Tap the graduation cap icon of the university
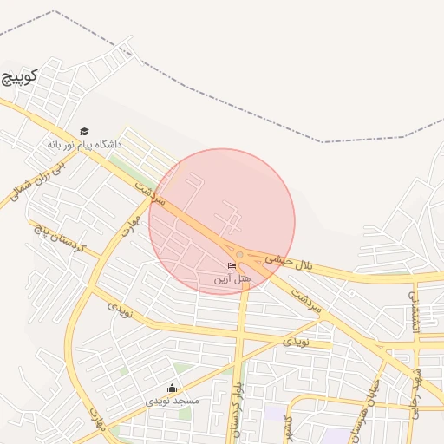click(84, 131)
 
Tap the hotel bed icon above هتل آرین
click(231, 265)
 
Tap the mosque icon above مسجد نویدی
click(172, 388)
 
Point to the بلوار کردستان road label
click(234, 408)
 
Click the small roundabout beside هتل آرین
click(239, 253)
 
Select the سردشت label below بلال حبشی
click(306, 298)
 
